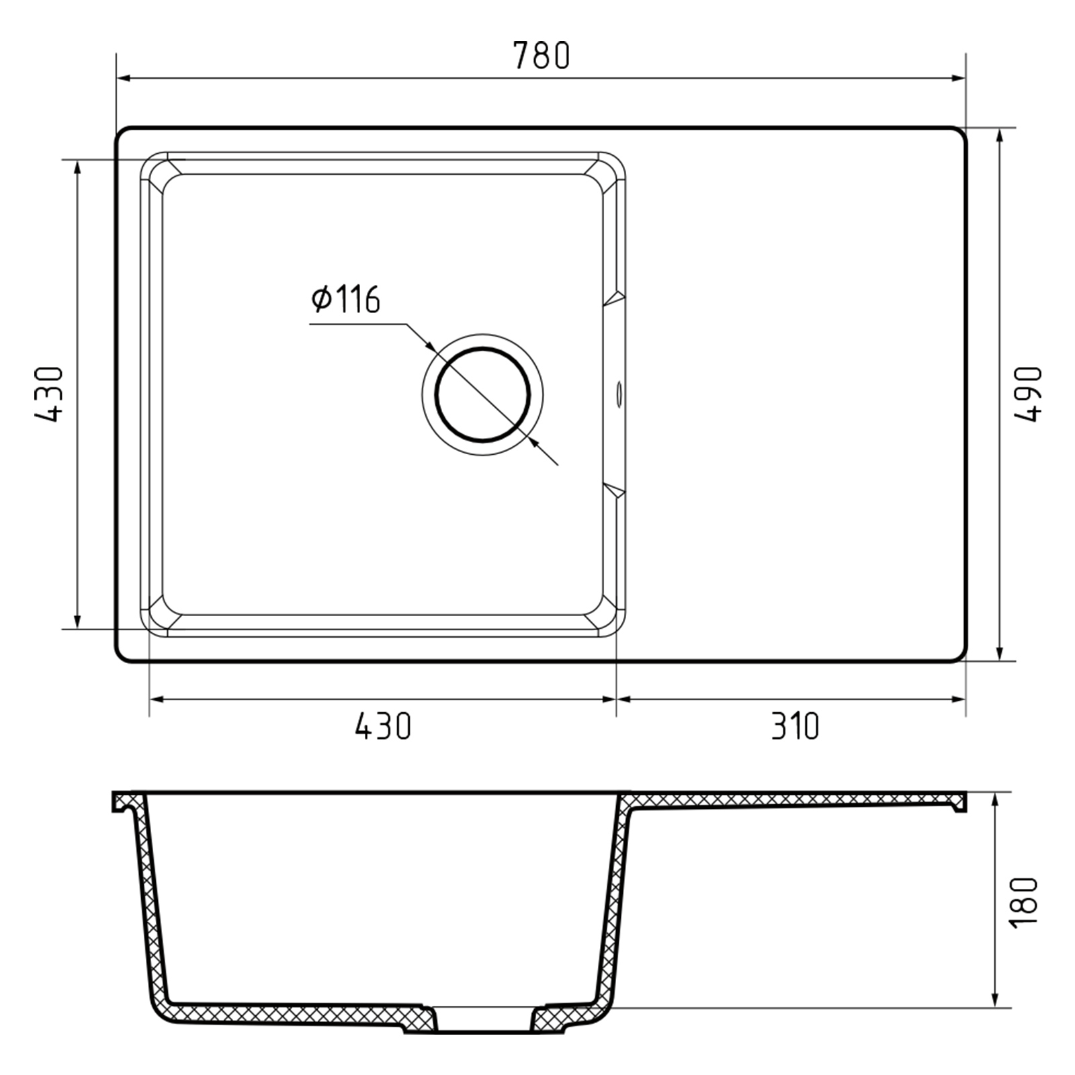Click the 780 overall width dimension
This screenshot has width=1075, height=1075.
pos(542,55)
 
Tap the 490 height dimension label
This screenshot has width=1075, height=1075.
pos(1027,394)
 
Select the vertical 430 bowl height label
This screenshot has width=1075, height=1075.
pos(48,394)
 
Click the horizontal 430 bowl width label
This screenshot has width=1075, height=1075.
pos(383,726)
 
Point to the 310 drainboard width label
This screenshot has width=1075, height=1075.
pos(795,726)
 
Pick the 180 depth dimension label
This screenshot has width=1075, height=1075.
pos(1024,902)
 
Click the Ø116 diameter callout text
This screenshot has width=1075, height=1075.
pos(345,299)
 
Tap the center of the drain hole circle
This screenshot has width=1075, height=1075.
pos(482,395)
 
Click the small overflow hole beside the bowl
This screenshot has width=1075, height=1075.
pos(619,394)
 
